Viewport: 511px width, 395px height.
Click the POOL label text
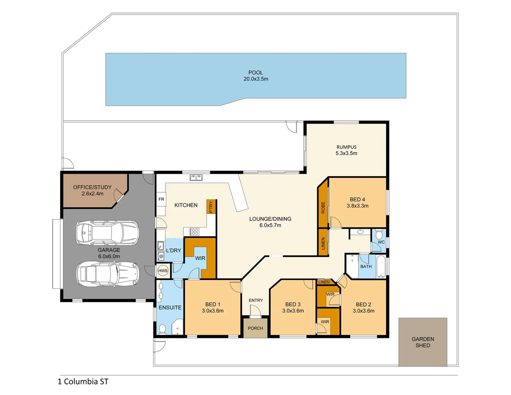coord(256,72)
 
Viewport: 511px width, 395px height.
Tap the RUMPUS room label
coord(346,147)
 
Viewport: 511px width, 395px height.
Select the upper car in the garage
coord(107,233)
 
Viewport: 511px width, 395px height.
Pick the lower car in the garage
coord(107,273)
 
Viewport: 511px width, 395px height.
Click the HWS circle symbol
coord(163,271)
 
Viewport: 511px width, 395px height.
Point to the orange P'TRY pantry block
coord(211,207)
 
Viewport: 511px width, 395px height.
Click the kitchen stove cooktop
coord(194,232)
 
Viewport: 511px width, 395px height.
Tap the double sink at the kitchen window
coord(196,178)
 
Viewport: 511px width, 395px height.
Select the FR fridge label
coord(161,199)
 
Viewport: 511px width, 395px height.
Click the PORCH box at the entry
coord(255,328)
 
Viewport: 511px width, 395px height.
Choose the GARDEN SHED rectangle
coord(423,342)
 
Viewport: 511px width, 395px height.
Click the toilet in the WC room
coord(379,234)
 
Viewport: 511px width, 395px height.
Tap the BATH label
coord(366,267)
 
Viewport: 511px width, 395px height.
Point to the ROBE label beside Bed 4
coord(323,208)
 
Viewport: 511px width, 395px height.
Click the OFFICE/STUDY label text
coord(92,187)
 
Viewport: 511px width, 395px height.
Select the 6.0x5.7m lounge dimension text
coord(270,225)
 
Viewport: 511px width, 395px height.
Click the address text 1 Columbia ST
coord(83,381)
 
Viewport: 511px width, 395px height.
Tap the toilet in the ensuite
coord(162,329)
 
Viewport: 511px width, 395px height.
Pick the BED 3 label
coord(293,304)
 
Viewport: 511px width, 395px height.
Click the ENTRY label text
coord(256,300)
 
